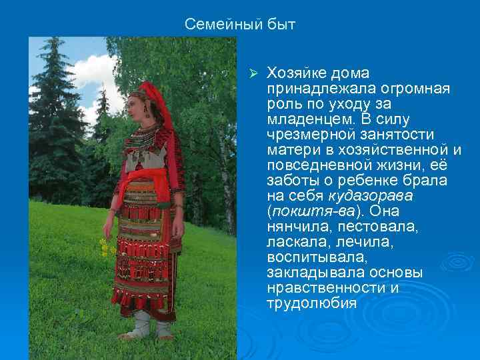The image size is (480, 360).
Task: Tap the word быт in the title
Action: point(282,25)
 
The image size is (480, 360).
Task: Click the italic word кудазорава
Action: point(371,197)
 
